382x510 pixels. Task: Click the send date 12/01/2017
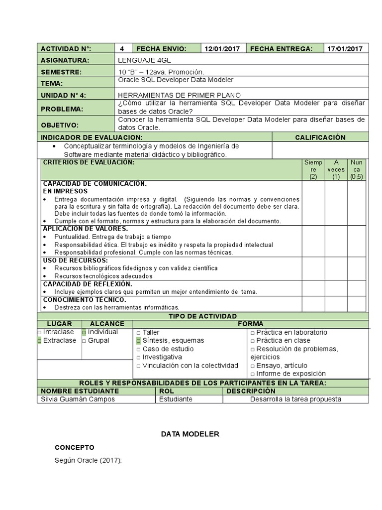click(222, 48)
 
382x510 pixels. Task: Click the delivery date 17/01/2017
click(345, 48)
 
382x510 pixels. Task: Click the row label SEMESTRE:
click(61, 72)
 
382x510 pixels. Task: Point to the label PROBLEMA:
click(62, 109)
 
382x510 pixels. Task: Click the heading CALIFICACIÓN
click(320, 137)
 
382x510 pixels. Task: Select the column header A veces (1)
click(336, 169)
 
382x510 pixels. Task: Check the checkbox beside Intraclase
click(39, 332)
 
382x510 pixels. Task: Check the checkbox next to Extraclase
click(39, 341)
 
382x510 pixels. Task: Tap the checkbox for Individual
click(84, 332)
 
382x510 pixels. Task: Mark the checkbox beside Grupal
click(84, 341)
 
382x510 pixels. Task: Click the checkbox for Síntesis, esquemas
click(138, 341)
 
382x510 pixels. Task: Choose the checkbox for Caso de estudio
click(138, 349)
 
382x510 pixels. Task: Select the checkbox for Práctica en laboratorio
click(253, 332)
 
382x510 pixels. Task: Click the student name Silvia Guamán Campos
click(78, 399)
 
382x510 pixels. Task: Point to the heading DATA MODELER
click(190, 434)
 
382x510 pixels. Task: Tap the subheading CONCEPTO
click(74, 447)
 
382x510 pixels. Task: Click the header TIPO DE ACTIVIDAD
click(202, 316)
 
